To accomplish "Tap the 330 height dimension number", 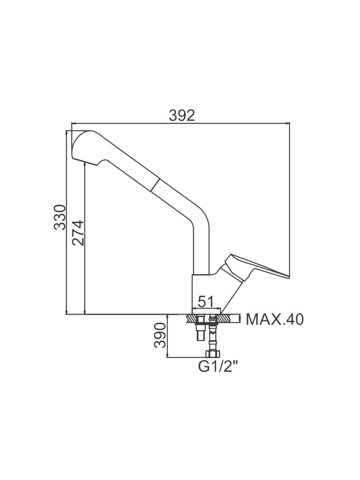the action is (x=60, y=217).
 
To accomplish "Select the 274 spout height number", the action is (x=78, y=233).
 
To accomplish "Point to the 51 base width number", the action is (x=205, y=302).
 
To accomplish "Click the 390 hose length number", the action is (x=160, y=335).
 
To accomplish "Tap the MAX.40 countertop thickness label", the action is (x=275, y=320).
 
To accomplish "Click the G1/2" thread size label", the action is (x=218, y=366).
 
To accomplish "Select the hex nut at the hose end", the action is (x=212, y=354).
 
